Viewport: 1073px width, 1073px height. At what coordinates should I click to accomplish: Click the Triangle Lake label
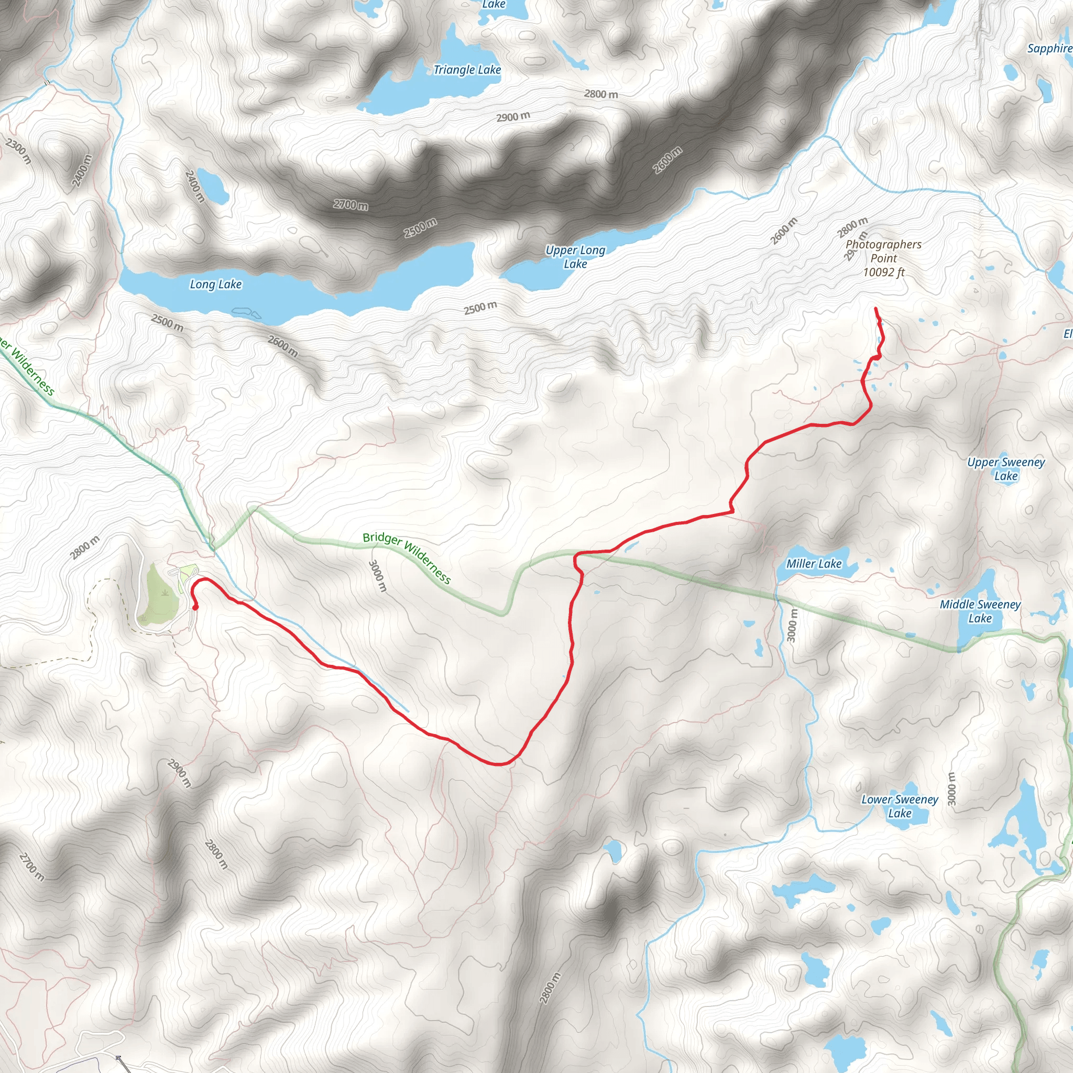click(467, 70)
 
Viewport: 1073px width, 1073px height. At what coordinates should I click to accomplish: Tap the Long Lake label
click(215, 284)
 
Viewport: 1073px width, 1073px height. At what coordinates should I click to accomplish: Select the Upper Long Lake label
click(575, 257)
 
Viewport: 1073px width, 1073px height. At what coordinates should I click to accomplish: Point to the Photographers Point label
click(883, 251)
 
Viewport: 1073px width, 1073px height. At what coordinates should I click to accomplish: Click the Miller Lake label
click(814, 564)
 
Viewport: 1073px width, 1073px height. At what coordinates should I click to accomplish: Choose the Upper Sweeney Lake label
click(1006, 469)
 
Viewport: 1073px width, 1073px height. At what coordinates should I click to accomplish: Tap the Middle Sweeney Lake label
click(980, 611)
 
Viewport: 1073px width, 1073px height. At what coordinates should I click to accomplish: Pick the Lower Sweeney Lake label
click(900, 806)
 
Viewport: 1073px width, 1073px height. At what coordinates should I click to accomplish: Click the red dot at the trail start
click(195, 607)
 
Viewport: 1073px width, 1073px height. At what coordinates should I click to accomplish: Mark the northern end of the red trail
click(876, 308)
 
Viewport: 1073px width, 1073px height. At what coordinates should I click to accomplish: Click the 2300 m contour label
click(18, 150)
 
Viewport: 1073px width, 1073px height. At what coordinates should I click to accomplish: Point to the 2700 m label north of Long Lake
click(351, 205)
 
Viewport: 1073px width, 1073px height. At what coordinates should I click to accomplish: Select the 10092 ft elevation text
click(884, 272)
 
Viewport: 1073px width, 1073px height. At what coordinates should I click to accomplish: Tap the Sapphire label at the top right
click(1048, 48)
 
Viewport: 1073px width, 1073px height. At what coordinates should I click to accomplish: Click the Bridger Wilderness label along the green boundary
click(407, 557)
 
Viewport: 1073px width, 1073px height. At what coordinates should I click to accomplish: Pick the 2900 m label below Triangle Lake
click(513, 117)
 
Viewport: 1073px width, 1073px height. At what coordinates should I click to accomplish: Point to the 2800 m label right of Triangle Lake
click(601, 94)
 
